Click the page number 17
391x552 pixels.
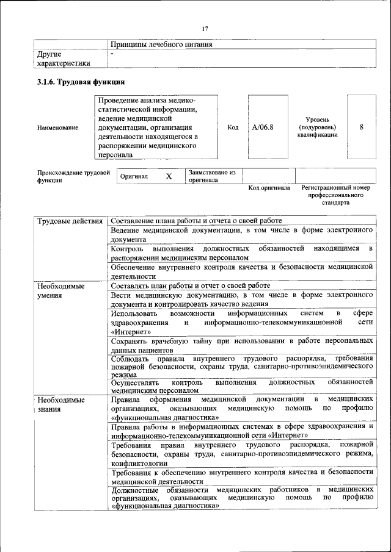pyautogui.click(x=205, y=29)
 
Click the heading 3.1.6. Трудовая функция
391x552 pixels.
pyautogui.click(x=81, y=82)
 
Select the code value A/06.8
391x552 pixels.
pyautogui.click(x=263, y=127)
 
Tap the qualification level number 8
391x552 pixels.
pyautogui.click(x=362, y=127)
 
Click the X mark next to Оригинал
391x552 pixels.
pyautogui.click(x=169, y=176)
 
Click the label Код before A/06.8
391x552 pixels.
pyautogui.click(x=233, y=127)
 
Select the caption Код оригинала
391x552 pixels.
pyautogui.click(x=269, y=188)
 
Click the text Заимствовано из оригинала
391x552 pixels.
pyautogui.click(x=212, y=176)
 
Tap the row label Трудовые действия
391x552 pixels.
pyautogui.click(x=69, y=220)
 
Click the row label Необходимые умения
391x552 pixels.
pyautogui.click(x=60, y=290)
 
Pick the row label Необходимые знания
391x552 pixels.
pyautogui.click(x=60, y=404)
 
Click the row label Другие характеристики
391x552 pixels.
pyautogui.click(x=64, y=59)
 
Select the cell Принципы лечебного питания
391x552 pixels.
pyautogui.click(x=162, y=45)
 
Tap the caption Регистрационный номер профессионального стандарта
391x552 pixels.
pyautogui.click(x=336, y=195)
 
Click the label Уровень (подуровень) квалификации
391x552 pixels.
pyautogui.click(x=317, y=127)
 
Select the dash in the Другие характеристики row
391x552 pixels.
pyautogui.click(x=112, y=54)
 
